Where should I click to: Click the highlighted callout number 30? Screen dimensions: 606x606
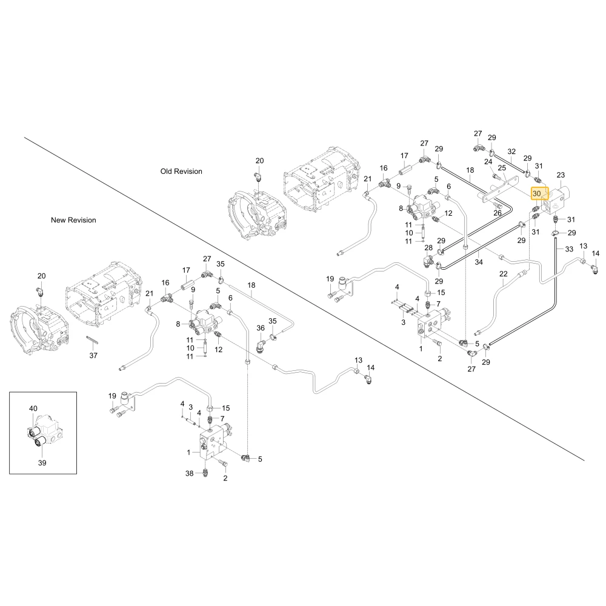pos(537,194)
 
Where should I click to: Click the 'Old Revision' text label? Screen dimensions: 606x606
pos(181,171)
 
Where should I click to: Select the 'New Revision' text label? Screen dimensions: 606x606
pos(73,220)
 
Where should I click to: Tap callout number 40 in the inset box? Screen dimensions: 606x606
pos(33,408)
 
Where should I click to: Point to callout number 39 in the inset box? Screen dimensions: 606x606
pos(42,462)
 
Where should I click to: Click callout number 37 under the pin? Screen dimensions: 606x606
pos(93,355)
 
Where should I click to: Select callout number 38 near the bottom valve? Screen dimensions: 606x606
pos(189,473)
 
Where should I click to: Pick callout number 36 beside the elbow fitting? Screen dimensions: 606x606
pos(261,328)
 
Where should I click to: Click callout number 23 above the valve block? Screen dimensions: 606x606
pos(561,175)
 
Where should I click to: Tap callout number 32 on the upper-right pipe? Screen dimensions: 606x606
pos(511,151)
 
